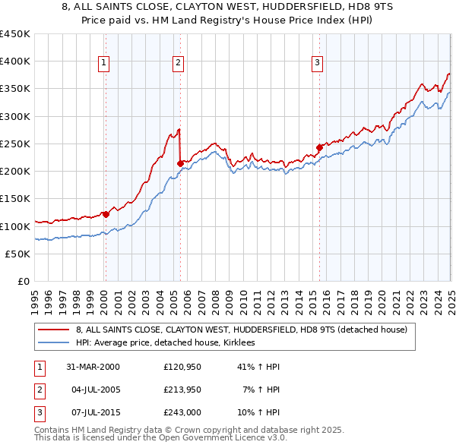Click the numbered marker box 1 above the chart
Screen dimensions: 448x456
[103, 63]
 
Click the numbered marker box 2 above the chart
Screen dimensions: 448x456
[178, 63]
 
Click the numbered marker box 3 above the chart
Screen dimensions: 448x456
[317, 63]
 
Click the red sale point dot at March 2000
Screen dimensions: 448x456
[106, 215]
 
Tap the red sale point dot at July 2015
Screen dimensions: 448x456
[320, 147]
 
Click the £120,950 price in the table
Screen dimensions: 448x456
[181, 366]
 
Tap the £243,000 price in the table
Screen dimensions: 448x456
[181, 413]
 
